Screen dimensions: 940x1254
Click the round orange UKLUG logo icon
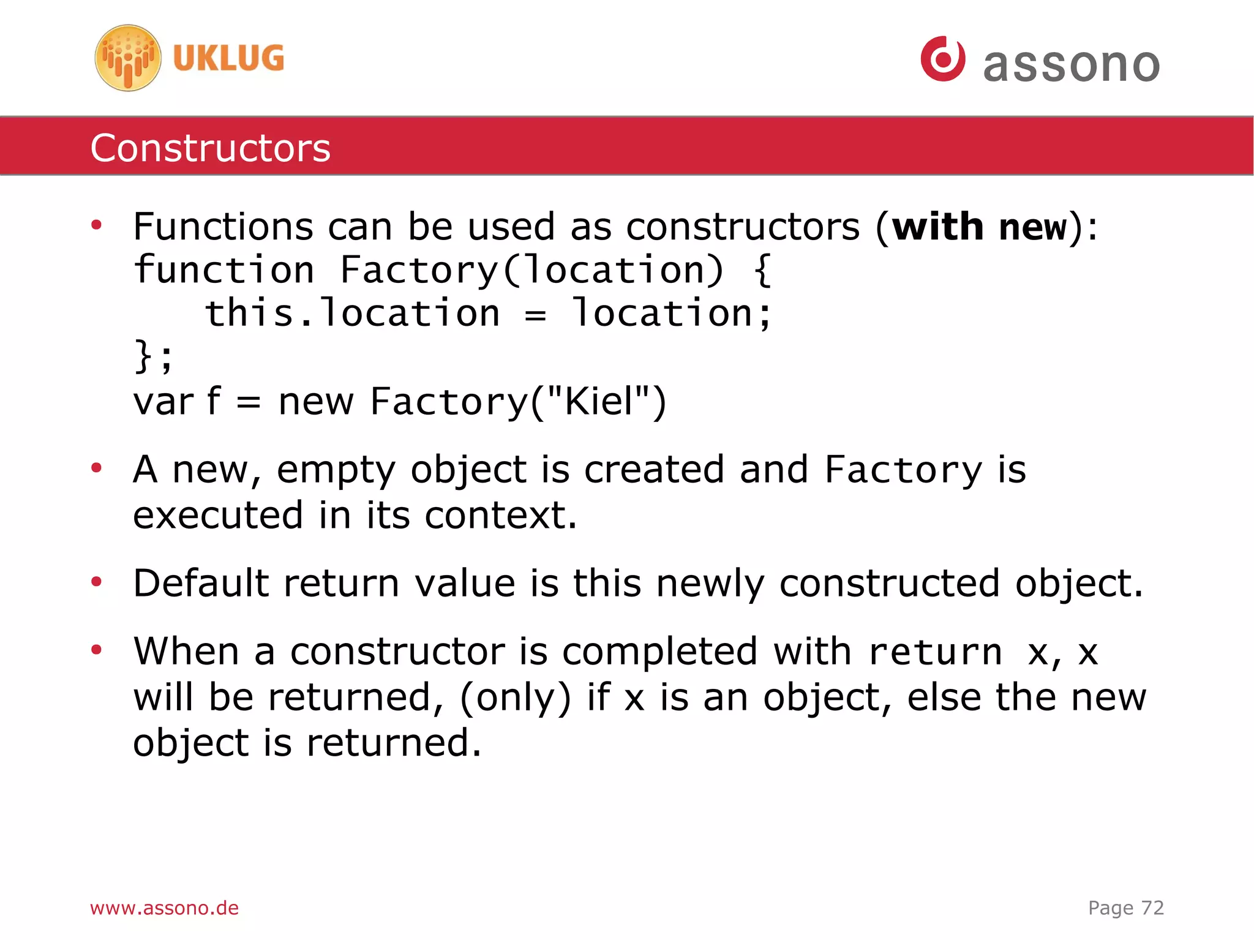point(128,58)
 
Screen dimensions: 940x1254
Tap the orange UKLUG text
point(228,59)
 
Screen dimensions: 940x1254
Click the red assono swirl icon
point(943,59)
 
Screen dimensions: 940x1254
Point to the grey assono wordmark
point(1071,64)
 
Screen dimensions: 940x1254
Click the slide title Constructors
point(210,148)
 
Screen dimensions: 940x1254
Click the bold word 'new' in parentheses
point(1033,227)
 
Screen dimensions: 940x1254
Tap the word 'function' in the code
point(224,270)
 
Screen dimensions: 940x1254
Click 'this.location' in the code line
point(352,314)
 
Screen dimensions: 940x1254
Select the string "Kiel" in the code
point(598,402)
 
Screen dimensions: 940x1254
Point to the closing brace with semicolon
point(154,356)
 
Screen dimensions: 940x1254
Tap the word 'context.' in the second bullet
point(501,516)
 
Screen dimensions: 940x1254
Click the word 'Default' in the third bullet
point(201,583)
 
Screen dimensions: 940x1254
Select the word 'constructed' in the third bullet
point(890,583)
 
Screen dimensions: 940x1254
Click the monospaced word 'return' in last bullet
point(935,652)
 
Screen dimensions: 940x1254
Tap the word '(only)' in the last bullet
point(515,697)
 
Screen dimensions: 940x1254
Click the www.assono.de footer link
point(164,908)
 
